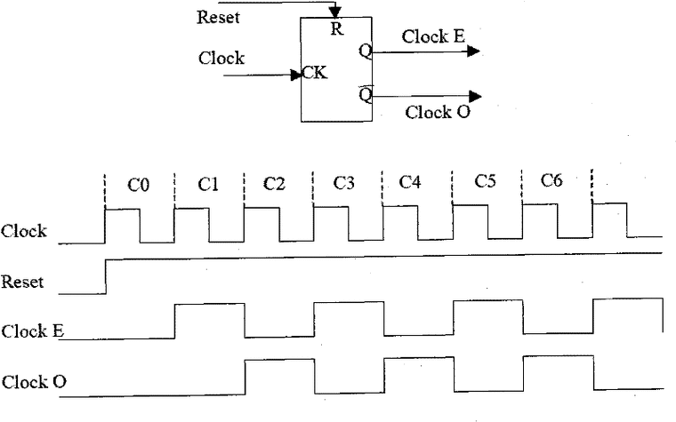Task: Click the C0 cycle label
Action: (x=139, y=185)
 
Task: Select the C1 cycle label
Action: (x=208, y=184)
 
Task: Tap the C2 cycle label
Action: (x=274, y=183)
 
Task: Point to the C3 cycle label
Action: (x=343, y=183)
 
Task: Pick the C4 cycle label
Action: (x=409, y=182)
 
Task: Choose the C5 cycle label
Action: (x=485, y=181)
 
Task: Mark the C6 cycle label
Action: (x=551, y=180)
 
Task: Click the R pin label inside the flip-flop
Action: (x=337, y=28)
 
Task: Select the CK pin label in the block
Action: (x=315, y=72)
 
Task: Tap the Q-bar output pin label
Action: (x=366, y=94)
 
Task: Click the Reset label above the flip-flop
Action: (x=218, y=17)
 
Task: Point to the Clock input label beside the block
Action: (x=221, y=58)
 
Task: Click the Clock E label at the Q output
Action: (x=433, y=36)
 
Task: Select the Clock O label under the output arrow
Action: (x=437, y=112)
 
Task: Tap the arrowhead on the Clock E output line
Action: (x=473, y=52)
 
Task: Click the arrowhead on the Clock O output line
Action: (x=475, y=96)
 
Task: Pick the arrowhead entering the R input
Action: (x=335, y=12)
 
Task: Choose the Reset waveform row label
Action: (x=22, y=282)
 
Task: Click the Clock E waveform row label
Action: (x=33, y=331)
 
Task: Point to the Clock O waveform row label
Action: (x=34, y=382)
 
